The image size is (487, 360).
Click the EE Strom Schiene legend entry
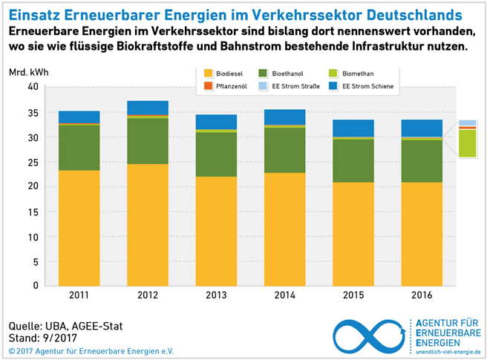[x=364, y=87]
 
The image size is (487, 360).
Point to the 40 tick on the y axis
[x=32, y=87]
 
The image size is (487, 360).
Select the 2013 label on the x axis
[x=216, y=296]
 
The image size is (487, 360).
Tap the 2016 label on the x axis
[x=422, y=296]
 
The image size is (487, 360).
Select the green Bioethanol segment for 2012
[x=148, y=141]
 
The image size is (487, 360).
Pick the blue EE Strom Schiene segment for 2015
[x=353, y=128]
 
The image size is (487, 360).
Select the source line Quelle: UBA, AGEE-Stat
[x=66, y=326]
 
